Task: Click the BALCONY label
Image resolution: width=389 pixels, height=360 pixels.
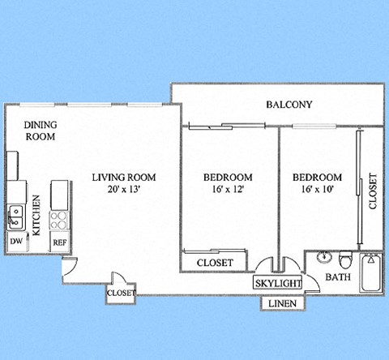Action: pyautogui.click(x=289, y=105)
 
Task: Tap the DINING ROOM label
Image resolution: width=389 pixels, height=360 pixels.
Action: pyautogui.click(x=40, y=131)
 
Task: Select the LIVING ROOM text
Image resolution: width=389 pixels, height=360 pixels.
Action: pyautogui.click(x=123, y=178)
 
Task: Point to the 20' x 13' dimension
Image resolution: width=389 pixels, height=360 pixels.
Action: pyautogui.click(x=123, y=190)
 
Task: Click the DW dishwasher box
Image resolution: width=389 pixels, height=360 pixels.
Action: pyautogui.click(x=15, y=241)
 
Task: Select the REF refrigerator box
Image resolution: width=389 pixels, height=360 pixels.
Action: pyautogui.click(x=59, y=241)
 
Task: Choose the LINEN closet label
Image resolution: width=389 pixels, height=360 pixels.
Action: pyautogui.click(x=282, y=304)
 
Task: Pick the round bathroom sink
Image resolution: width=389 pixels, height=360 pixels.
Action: pyautogui.click(x=324, y=258)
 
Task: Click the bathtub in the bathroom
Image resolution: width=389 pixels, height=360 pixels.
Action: pyautogui.click(x=372, y=274)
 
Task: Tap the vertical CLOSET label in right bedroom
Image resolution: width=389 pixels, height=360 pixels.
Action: pyautogui.click(x=373, y=192)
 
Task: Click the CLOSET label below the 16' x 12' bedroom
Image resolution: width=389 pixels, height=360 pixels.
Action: pyautogui.click(x=215, y=263)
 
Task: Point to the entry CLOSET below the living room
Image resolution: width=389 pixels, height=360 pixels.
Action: pyautogui.click(x=122, y=293)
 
